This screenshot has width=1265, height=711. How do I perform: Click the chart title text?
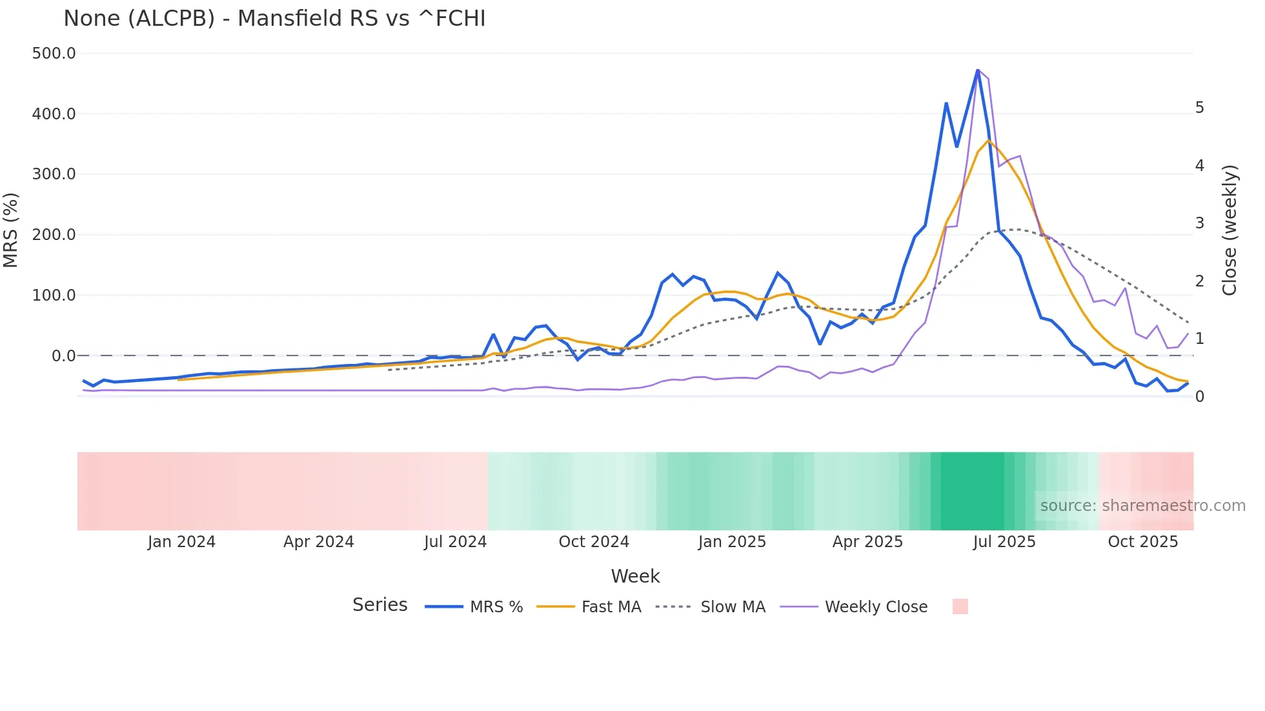[x=274, y=19]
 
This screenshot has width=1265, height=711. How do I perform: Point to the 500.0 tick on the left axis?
[x=54, y=54]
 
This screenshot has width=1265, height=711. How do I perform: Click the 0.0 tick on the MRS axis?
[x=63, y=355]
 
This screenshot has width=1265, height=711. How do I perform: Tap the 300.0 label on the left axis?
[x=54, y=174]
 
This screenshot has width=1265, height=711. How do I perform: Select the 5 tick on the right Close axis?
[x=1199, y=108]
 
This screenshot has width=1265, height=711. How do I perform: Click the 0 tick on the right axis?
[x=1199, y=397]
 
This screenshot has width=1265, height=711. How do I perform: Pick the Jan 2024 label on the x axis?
[x=181, y=542]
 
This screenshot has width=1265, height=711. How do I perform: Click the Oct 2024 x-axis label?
[x=594, y=542]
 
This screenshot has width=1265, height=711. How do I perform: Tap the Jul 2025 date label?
[x=1004, y=542]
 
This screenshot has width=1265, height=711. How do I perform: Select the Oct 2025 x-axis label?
[x=1143, y=542]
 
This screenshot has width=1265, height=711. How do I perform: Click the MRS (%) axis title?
[x=11, y=230]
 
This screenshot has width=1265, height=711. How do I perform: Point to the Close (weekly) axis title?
[x=1230, y=230]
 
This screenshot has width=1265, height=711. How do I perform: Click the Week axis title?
[x=635, y=576]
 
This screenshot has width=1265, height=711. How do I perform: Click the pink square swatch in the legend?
[x=960, y=606]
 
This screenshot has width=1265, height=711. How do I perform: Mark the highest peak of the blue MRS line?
[x=978, y=70]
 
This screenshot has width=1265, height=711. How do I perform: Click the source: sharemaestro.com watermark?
[x=1142, y=506]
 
